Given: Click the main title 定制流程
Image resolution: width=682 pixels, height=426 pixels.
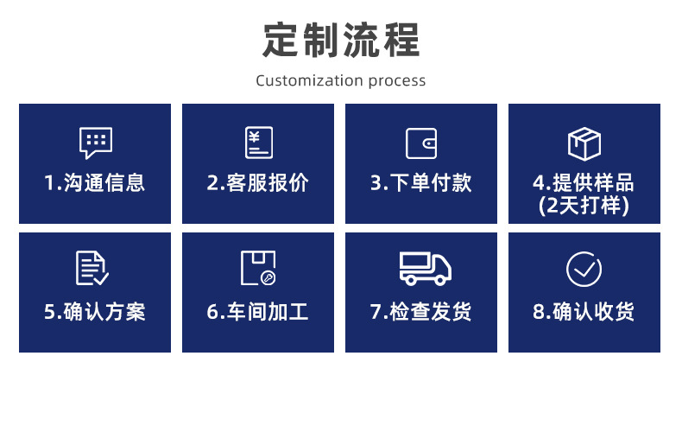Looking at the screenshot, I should pos(341,39).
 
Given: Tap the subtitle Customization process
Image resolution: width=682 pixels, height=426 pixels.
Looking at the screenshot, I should pos(341,81).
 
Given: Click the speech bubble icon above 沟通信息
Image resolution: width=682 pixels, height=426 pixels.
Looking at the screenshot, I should pos(95,143).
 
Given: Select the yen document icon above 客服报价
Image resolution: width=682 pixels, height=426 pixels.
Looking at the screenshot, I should pos(258,143).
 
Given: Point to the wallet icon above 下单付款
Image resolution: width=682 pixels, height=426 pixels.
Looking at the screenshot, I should pos(421,143).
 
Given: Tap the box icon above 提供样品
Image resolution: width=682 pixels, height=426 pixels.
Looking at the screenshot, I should pos(584,143).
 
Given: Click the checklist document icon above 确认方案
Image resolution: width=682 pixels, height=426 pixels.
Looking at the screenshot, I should pos(92,268).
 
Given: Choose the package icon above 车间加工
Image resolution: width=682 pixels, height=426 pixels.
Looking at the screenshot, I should pos(258,268).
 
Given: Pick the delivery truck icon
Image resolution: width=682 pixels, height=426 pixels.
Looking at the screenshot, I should pos(425,268).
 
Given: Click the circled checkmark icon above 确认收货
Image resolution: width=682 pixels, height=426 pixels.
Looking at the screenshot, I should pos(584,269).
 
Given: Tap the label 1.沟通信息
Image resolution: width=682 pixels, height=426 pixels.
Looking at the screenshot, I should pos(95,183).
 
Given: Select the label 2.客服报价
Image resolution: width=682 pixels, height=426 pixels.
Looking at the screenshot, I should pos(258,183).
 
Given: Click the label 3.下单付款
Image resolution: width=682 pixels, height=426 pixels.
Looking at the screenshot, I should pos(421,183).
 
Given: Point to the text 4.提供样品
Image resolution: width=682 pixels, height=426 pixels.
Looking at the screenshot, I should pos(584,183).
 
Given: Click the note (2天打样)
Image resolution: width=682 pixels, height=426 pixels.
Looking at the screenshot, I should pos(584,206).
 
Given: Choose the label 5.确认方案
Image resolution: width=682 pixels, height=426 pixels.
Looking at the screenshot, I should pos(95,311).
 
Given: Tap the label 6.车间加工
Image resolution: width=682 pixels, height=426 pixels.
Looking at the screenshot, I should pos(258,311).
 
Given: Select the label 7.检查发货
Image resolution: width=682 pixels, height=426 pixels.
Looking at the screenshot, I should pos(421,311).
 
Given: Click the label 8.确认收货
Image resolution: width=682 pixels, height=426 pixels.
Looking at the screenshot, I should pos(584,311).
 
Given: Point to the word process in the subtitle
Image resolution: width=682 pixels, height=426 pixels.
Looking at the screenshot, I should pos(397,82).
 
